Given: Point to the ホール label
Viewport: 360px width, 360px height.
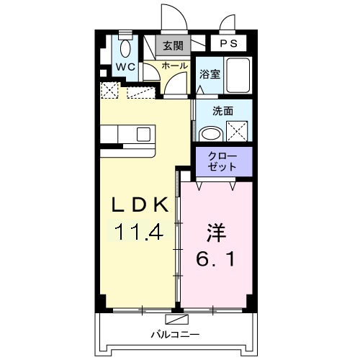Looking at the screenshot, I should (x=174, y=66).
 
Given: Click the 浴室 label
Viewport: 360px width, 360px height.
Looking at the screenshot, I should (x=209, y=73).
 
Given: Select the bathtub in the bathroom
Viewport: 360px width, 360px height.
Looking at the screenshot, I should (x=238, y=75).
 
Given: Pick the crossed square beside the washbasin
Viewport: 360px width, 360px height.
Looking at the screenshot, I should (x=238, y=132).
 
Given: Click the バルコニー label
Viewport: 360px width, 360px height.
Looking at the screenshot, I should (x=172, y=334).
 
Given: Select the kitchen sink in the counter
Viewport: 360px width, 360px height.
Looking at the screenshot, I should (x=143, y=133).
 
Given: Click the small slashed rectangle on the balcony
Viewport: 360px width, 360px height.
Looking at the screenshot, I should (x=175, y=318).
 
